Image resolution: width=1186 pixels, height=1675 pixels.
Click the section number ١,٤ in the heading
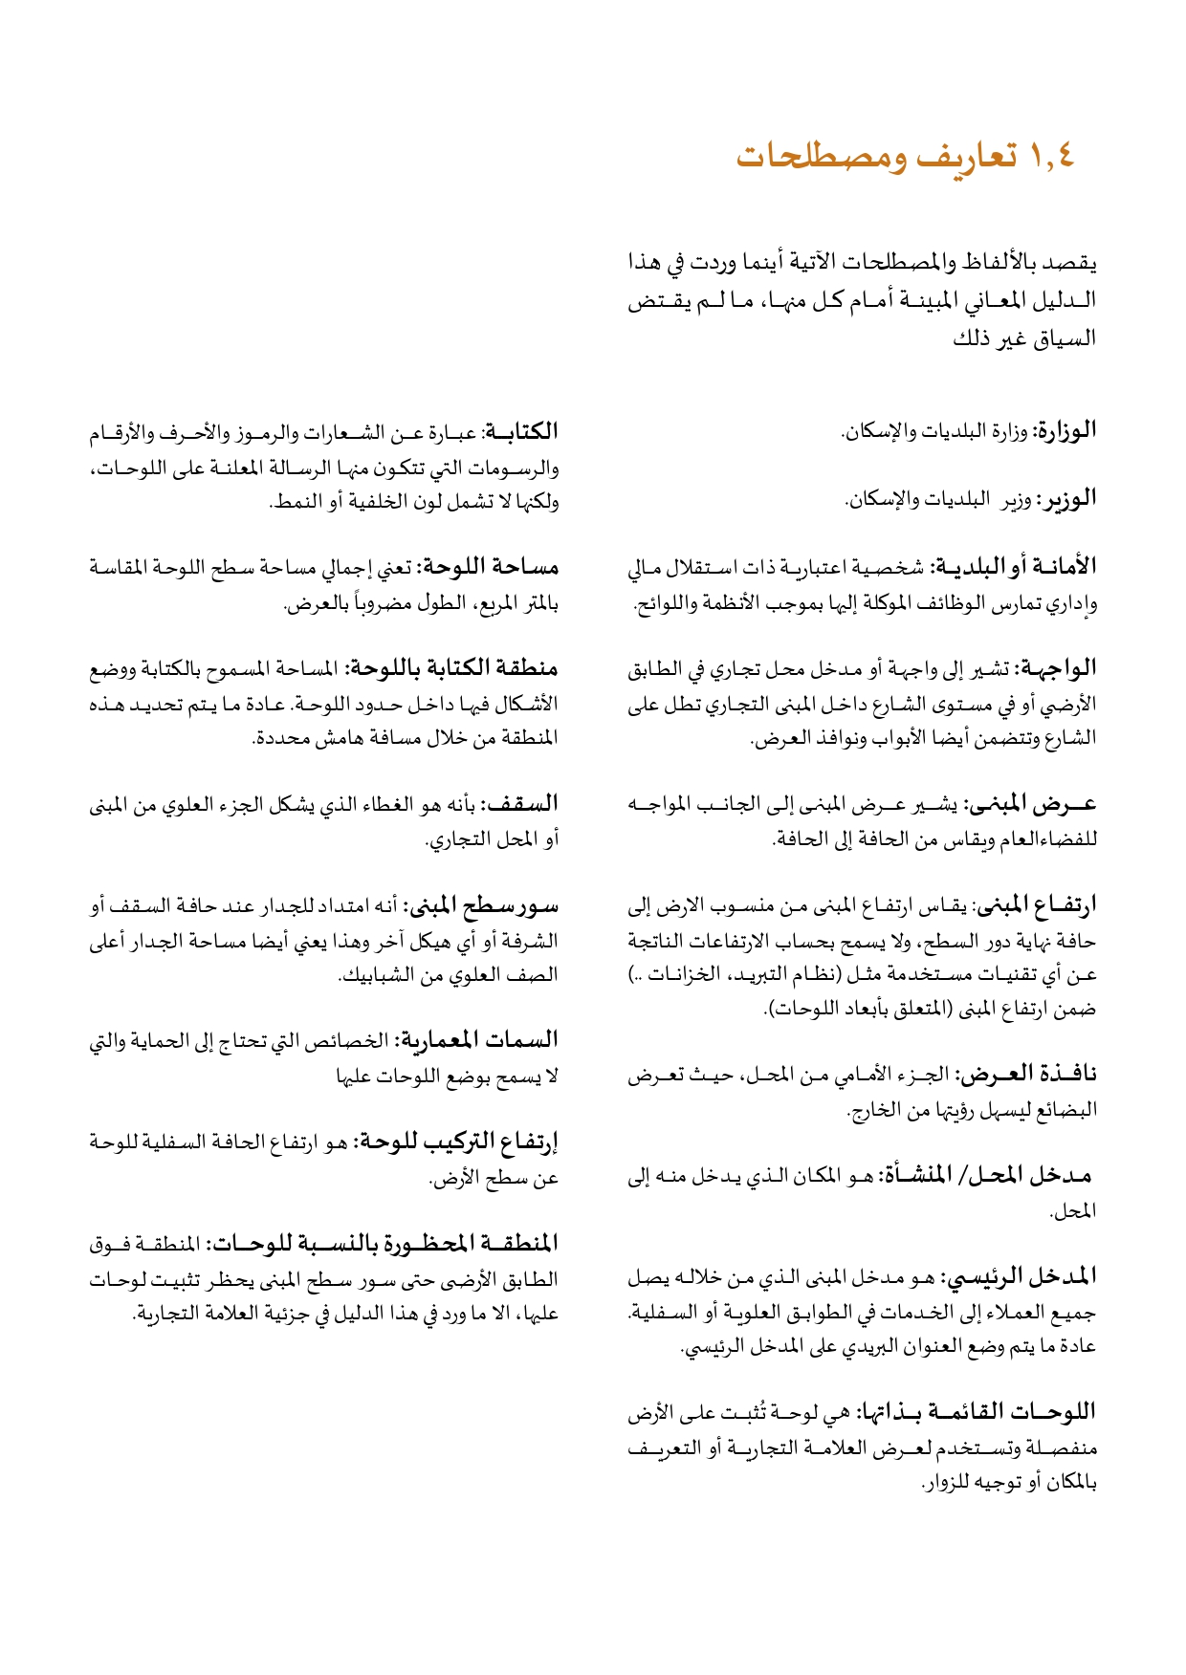pyautogui.click(x=1052, y=156)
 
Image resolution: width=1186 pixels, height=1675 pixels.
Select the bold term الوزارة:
pyautogui.click(x=1065, y=431)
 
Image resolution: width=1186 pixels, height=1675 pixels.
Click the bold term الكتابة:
pyautogui.click(x=521, y=432)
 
